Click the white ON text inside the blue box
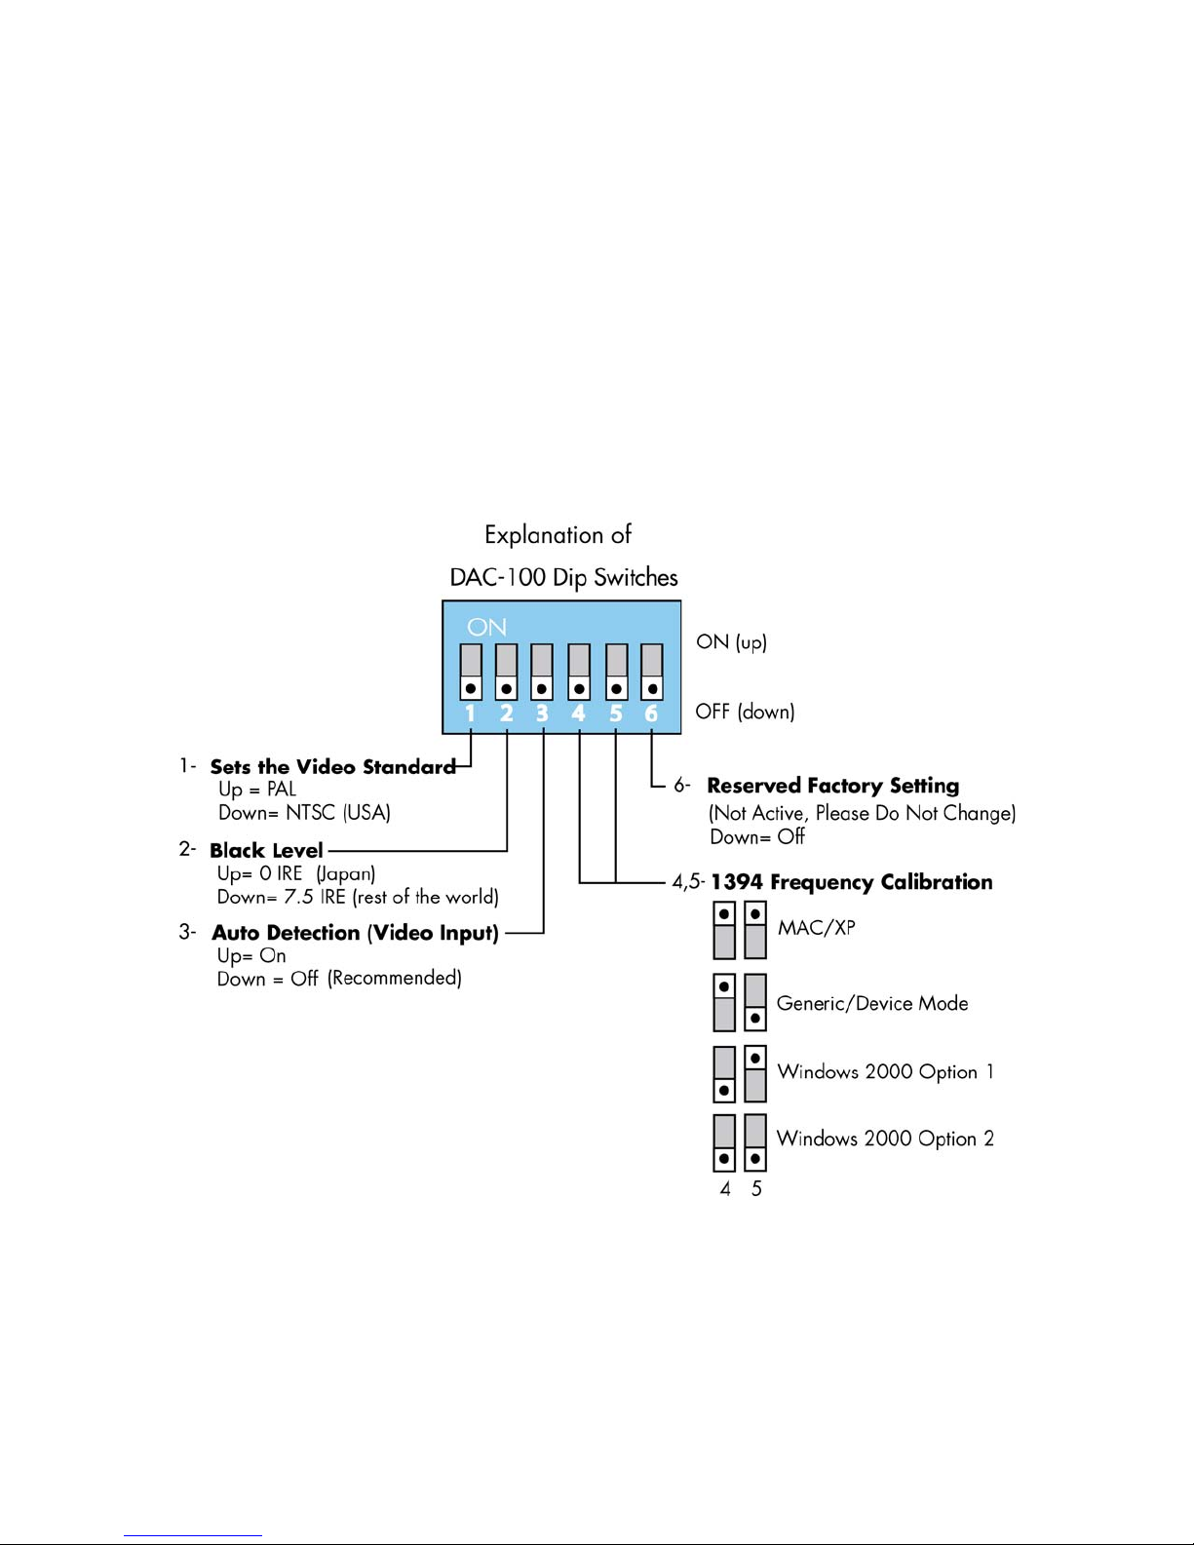[486, 627]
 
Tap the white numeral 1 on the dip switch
[470, 714]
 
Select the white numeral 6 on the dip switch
[651, 714]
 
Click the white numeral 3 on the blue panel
[542, 714]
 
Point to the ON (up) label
[731, 642]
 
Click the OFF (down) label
[745, 712]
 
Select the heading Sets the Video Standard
[332, 766]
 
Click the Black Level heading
[266, 850]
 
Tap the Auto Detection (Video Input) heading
[356, 933]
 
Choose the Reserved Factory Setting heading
[833, 786]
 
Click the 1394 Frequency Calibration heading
[852, 881]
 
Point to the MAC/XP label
[817, 928]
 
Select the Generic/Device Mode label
[872, 1003]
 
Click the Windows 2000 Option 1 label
[886, 1071]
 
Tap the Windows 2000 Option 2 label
[885, 1139]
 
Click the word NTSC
[310, 812]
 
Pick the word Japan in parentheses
[346, 873]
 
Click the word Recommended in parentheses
[395, 979]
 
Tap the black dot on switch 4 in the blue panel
[579, 689]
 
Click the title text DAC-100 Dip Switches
[563, 577]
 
